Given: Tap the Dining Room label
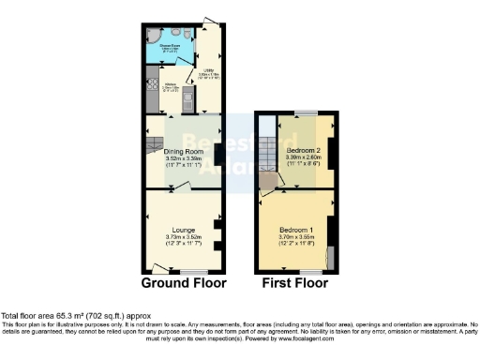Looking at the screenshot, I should [x=184, y=151].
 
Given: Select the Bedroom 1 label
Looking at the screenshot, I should [x=297, y=230].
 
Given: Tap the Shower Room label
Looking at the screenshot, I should [x=170, y=43].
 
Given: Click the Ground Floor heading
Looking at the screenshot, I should [x=184, y=282].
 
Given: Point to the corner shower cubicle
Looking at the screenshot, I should [x=153, y=37].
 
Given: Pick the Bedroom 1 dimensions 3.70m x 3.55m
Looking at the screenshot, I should [x=297, y=238].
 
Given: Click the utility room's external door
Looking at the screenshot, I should [x=217, y=23].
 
